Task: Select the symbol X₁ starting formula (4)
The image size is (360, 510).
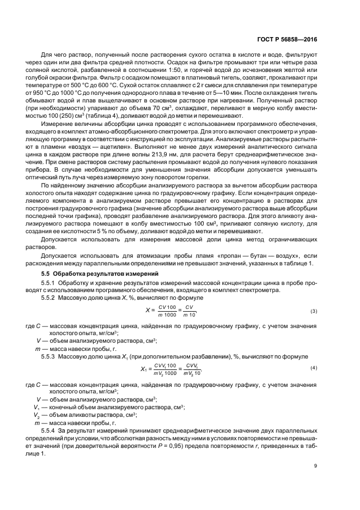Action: coord(144,369)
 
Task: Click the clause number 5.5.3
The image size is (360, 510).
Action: coord(50,356)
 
